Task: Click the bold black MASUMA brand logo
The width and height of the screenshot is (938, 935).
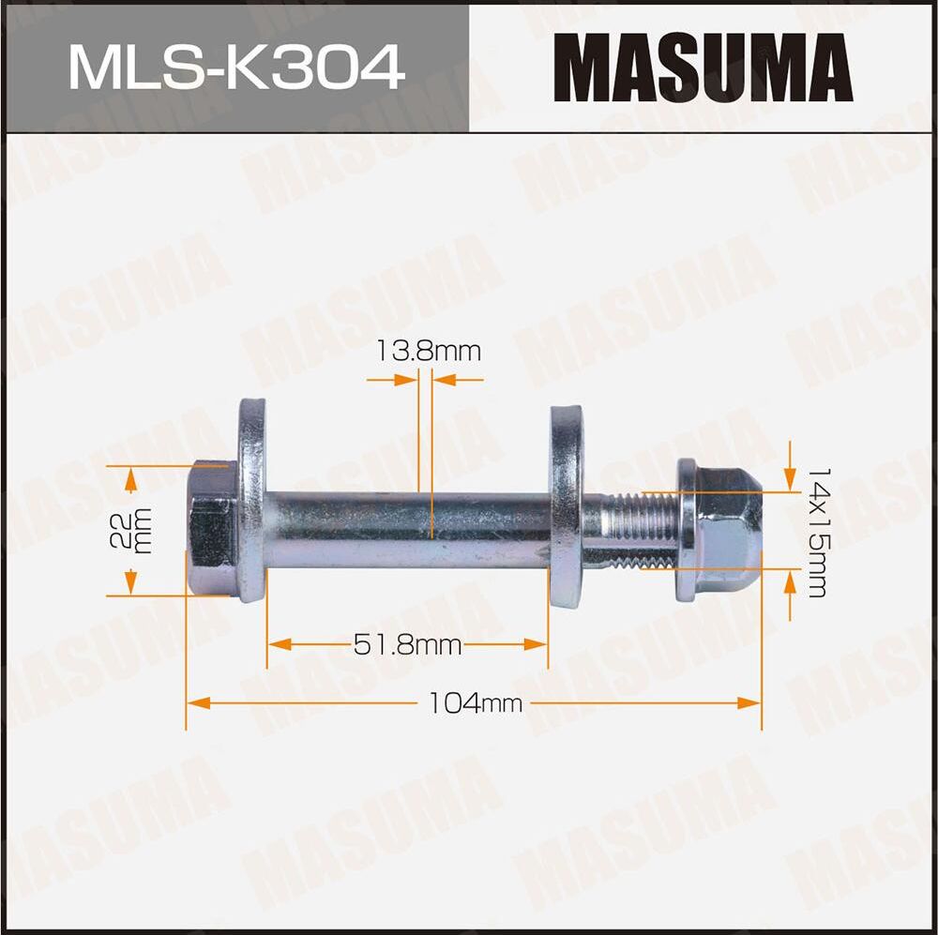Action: click(703, 68)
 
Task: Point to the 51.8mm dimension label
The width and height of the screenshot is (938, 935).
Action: click(407, 644)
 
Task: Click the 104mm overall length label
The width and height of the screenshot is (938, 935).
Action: click(475, 701)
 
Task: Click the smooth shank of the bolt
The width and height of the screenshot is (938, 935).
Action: click(403, 530)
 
